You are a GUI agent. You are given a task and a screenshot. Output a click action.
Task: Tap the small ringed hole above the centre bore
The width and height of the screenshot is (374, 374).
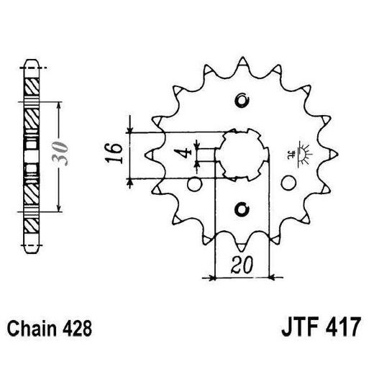click(x=242, y=100)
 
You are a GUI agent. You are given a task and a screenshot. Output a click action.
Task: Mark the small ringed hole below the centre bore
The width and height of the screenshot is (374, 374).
click(x=242, y=209)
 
